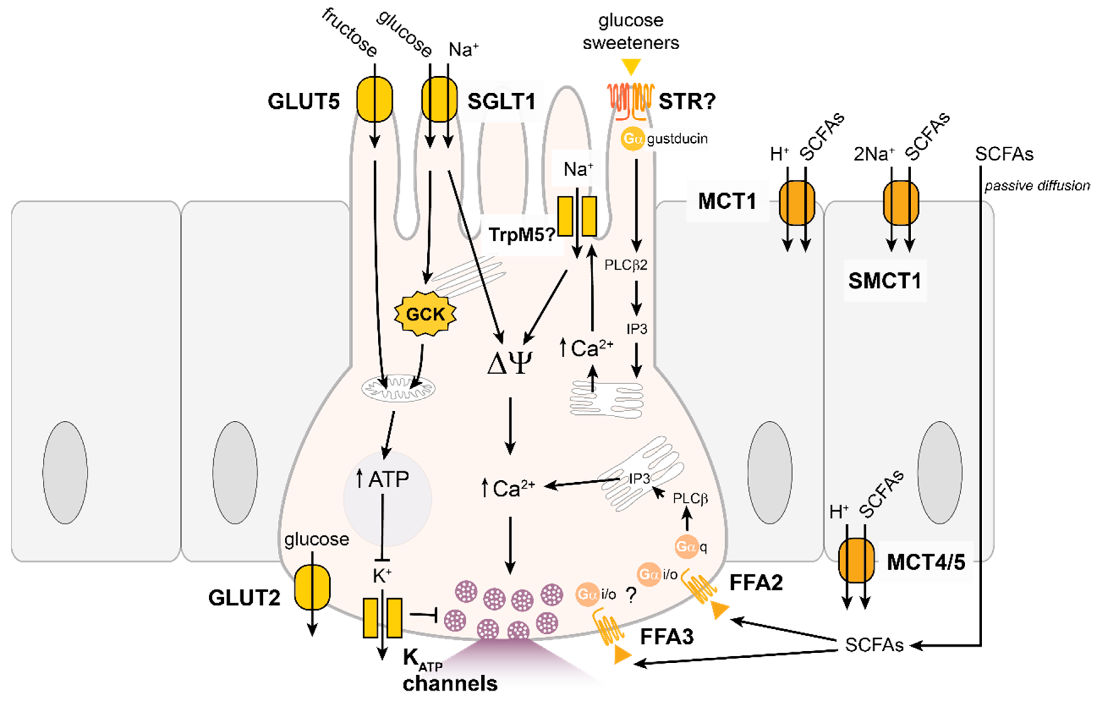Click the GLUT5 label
(303, 101)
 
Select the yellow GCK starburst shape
(425, 314)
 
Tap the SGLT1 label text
(501, 101)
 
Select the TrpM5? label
(521, 235)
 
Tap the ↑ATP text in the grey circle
(383, 479)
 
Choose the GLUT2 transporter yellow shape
(312, 587)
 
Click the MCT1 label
(727, 201)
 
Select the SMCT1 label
(885, 280)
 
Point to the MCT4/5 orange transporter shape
(856, 561)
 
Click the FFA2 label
(756, 583)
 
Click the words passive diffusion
(1037, 186)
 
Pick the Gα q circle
(686, 546)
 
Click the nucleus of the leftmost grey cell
(65, 472)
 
